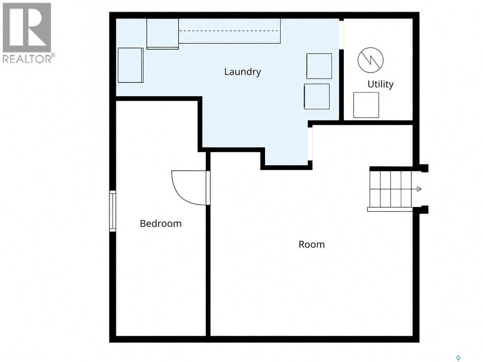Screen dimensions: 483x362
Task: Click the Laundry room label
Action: (x=242, y=72)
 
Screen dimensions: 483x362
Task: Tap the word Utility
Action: (x=381, y=85)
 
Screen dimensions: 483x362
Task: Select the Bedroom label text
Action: (x=161, y=224)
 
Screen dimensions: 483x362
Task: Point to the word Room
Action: (x=311, y=244)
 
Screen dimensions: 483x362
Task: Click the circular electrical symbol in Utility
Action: (x=371, y=60)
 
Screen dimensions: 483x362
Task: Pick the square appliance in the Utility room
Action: (x=366, y=105)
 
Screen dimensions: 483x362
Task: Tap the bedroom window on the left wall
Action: (x=112, y=211)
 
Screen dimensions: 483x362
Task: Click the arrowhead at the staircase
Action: (x=419, y=189)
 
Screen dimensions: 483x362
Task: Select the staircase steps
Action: (x=390, y=189)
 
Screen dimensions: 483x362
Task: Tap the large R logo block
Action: (x=27, y=27)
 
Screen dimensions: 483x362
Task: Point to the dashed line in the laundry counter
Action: (x=229, y=31)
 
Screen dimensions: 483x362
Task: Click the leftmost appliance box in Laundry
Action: (x=130, y=65)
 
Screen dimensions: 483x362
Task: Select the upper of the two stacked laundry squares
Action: (x=319, y=66)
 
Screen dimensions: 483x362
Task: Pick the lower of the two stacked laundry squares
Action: (x=317, y=96)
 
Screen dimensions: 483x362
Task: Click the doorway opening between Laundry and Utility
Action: (x=341, y=35)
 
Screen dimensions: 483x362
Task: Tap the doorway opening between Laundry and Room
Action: (x=310, y=144)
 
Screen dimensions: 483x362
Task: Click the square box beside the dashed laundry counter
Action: (x=163, y=34)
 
